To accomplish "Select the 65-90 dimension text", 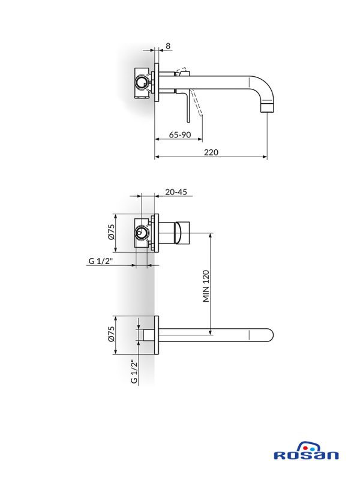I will point(179,135).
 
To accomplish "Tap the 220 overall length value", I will point(211,153).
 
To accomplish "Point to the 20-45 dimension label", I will point(175,192).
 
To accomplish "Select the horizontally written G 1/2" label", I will point(102,261).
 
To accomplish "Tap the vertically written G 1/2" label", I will point(134,371).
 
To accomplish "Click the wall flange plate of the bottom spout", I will point(157,335).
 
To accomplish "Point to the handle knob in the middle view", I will point(181,233).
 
